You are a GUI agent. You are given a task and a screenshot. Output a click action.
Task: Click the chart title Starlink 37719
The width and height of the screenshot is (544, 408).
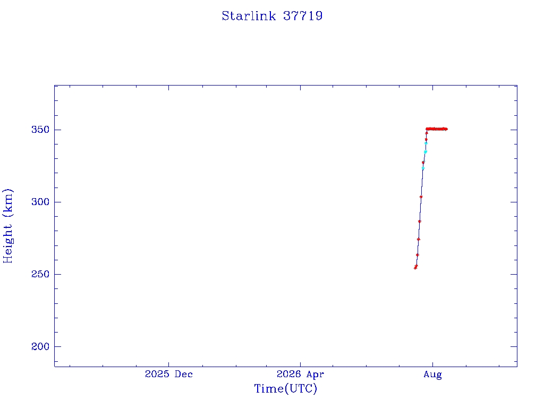[x=273, y=16]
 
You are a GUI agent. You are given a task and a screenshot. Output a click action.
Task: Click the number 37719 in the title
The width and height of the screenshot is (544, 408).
[x=303, y=16]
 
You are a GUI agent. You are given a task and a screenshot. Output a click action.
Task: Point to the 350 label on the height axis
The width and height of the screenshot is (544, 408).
[x=40, y=130]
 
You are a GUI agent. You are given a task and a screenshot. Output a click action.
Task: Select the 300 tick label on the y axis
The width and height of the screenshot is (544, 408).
[x=40, y=202]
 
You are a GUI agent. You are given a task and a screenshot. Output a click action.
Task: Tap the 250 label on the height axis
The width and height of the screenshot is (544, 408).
[x=40, y=274]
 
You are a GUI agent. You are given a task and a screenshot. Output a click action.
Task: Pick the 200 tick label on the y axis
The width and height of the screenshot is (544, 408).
[x=40, y=346]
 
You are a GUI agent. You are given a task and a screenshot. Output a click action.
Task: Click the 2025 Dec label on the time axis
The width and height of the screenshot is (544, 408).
[x=168, y=374]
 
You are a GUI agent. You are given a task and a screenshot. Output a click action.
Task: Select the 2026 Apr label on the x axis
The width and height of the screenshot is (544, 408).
[x=301, y=374]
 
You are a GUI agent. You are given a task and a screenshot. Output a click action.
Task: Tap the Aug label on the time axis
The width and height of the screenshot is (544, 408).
[x=432, y=375]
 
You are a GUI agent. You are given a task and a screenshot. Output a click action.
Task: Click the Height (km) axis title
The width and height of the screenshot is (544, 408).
[x=7, y=226]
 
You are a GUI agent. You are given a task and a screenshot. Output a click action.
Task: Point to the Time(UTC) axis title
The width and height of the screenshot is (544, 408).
[x=286, y=388]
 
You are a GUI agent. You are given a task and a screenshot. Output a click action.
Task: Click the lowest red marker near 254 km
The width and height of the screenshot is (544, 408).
[x=415, y=268]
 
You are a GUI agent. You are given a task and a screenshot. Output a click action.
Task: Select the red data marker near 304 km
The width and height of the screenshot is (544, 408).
[x=421, y=197]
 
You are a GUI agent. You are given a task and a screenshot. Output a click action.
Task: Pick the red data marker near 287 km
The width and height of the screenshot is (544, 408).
[x=420, y=222]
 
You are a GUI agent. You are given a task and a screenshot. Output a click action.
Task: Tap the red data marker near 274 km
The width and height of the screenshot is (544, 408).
[x=419, y=239]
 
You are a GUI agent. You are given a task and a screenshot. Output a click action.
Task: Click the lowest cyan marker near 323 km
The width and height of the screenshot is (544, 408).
[x=423, y=168]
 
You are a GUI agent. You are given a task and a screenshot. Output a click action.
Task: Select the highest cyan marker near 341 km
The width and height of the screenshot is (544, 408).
[x=426, y=143]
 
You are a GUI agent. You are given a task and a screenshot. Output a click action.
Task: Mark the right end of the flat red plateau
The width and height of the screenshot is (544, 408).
[x=447, y=129]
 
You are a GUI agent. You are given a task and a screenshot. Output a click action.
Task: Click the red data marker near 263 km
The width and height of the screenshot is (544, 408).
[x=418, y=255]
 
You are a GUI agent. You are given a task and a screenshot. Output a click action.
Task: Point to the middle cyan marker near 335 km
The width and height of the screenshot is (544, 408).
[x=426, y=152]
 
